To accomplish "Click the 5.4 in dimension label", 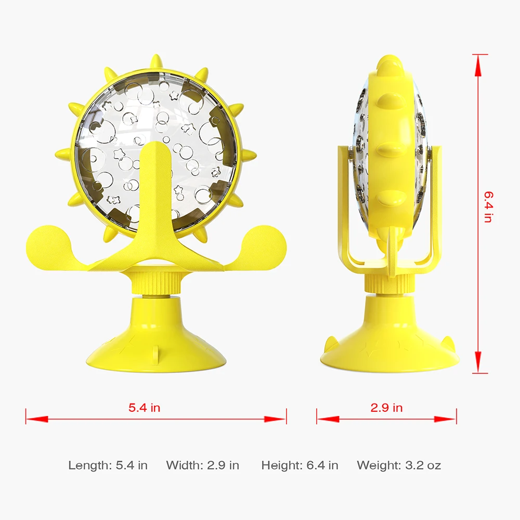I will (145, 408).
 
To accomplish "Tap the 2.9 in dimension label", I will (386, 408).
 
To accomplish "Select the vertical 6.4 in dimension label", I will (487, 207).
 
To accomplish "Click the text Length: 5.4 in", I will (108, 465).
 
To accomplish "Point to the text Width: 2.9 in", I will (203, 465).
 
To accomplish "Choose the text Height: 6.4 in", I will (300, 465).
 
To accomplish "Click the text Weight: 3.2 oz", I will (399, 465).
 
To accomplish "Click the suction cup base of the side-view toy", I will (389, 343).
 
